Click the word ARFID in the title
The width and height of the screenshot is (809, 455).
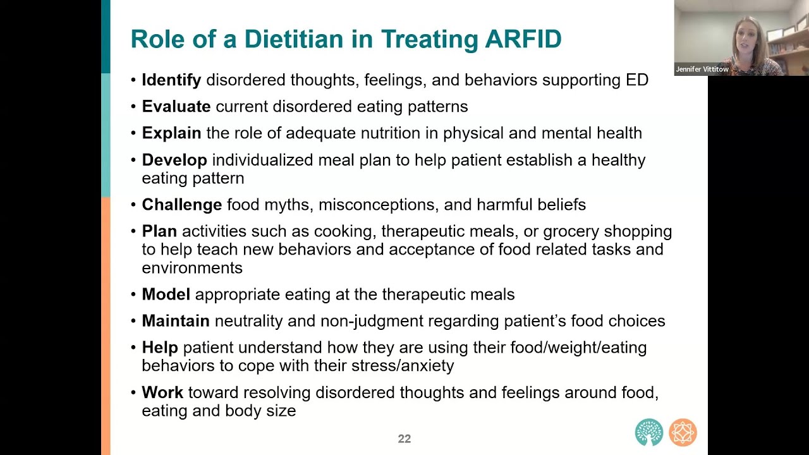coord(523,39)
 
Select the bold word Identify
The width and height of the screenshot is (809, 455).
coord(171,80)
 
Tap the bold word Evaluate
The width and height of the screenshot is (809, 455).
coord(176,107)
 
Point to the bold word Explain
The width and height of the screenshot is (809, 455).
coord(171,133)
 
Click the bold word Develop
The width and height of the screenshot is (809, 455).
coord(174,161)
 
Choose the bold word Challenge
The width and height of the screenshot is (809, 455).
coord(181,205)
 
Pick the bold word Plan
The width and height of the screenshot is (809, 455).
coord(159,231)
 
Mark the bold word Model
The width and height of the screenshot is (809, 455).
coord(166,294)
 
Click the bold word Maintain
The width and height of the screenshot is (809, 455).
coord(176,320)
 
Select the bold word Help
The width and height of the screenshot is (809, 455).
coord(160,348)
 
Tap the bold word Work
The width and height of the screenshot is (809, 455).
coord(162,392)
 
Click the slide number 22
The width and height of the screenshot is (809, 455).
coord(404,439)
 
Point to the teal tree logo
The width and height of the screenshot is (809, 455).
coord(649,432)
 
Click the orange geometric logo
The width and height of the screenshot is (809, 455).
coord(683,432)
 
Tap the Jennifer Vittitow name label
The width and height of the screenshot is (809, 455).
coord(702,69)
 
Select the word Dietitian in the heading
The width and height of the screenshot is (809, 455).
coord(294,39)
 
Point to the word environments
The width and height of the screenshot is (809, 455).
coord(192,268)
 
